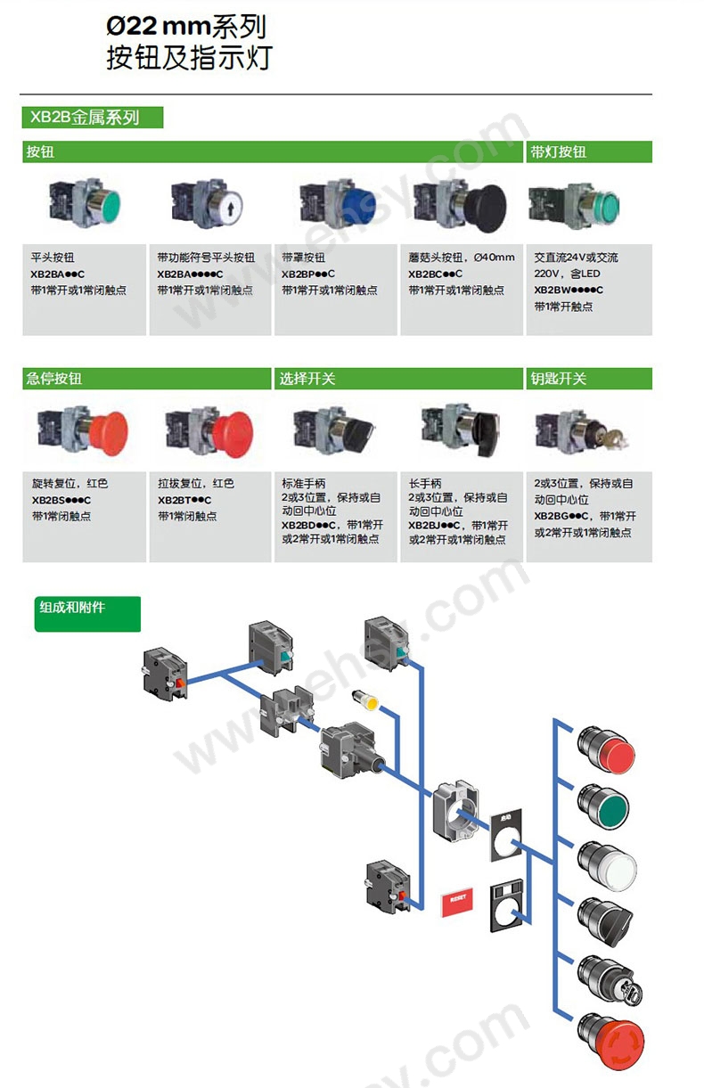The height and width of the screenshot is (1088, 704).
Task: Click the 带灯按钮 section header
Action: pos(558,152)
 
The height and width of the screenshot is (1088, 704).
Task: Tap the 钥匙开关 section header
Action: pos(558,379)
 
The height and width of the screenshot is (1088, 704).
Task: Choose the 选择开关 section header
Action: pos(307,379)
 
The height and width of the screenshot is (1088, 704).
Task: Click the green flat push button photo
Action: pos(84,202)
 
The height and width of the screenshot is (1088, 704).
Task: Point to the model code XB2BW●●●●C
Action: pos(569,290)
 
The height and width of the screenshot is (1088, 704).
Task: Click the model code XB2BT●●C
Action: pos(184,500)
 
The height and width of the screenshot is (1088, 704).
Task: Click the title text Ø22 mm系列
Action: pos(186,27)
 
